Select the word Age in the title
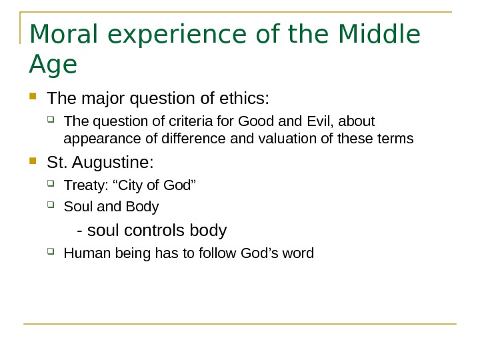[x=53, y=66]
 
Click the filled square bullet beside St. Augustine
[x=35, y=161]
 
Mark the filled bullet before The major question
[x=35, y=99]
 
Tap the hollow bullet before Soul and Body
[x=53, y=207]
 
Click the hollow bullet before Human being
[x=53, y=253]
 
